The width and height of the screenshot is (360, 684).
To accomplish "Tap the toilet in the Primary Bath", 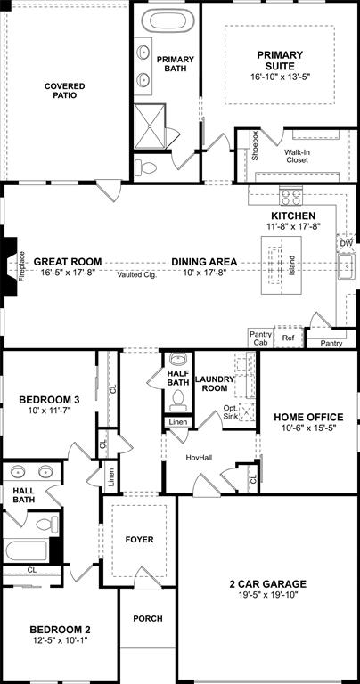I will (147, 167).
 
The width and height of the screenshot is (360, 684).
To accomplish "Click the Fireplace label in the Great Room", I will (20, 266).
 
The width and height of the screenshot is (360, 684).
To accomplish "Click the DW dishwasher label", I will (346, 243).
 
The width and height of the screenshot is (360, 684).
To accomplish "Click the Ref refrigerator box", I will (289, 338).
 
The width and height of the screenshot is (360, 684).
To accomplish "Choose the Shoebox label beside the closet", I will (255, 145).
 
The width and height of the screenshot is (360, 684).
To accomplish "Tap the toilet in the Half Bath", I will (176, 397).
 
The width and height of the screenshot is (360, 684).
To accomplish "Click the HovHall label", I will (199, 457).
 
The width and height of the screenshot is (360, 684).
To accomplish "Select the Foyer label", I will (139, 540).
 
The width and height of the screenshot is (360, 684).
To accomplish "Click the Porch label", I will (147, 618).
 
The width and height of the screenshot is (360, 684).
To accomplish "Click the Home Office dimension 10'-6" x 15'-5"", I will (308, 428).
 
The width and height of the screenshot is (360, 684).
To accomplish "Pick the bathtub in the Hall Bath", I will (27, 550).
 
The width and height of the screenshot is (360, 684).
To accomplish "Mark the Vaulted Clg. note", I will (137, 274).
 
